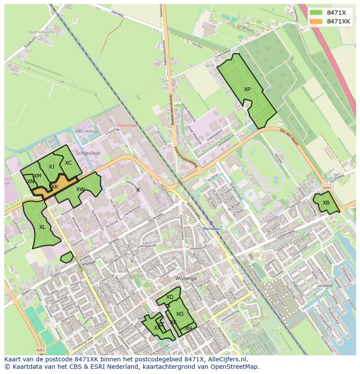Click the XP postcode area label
tap(247, 89)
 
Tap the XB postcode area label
tap(326, 203)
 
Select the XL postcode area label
tap(42, 227)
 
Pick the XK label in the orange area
tap(55, 187)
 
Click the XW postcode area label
tap(80, 189)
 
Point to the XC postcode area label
tap(68, 163)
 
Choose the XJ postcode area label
tap(52, 167)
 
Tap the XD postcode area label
tap(170, 297)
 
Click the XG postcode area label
tap(180, 314)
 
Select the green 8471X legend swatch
tap(316, 13)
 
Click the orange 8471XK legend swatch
tap(316, 21)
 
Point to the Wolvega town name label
tap(186, 278)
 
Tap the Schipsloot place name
tap(88, 153)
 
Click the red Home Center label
tap(127, 126)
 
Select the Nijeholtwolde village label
tap(41, 32)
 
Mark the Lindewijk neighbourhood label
tap(325, 285)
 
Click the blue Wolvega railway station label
tap(211, 228)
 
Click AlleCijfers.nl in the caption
tap(226, 359)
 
